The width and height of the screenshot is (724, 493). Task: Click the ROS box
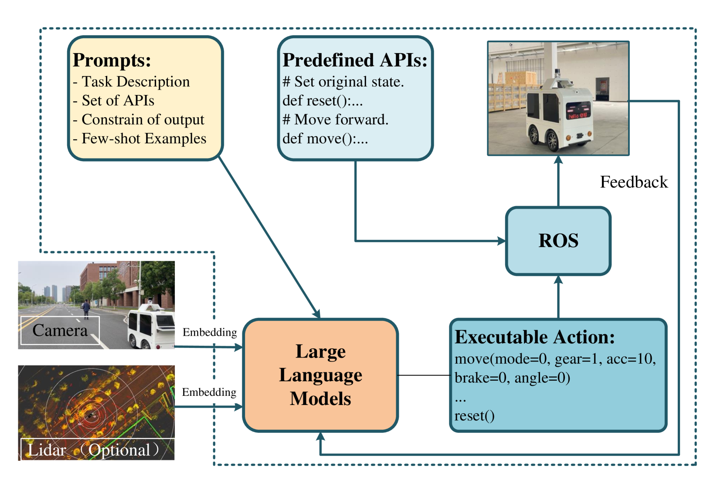[x=558, y=241]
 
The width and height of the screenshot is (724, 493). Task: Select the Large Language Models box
[x=320, y=375]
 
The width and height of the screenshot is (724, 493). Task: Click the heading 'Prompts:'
[x=112, y=60]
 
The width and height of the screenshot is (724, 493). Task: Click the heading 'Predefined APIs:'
[x=355, y=60]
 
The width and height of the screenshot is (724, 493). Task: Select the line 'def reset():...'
[x=323, y=101]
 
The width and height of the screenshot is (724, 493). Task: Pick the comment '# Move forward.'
[x=335, y=119]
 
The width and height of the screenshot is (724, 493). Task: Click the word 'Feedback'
[x=634, y=182]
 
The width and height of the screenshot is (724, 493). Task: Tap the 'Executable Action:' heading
[x=535, y=337]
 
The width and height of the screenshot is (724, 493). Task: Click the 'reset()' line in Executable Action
[x=474, y=416]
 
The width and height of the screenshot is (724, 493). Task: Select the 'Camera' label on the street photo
[x=60, y=331]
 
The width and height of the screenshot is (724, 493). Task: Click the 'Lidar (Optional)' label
[x=98, y=450]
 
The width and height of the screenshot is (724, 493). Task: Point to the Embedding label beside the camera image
[x=210, y=332]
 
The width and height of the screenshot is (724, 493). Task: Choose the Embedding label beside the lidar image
[x=209, y=392]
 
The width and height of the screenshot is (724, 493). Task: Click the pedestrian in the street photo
[x=86, y=309]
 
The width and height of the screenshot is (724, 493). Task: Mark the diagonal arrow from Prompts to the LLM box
[x=269, y=237]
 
